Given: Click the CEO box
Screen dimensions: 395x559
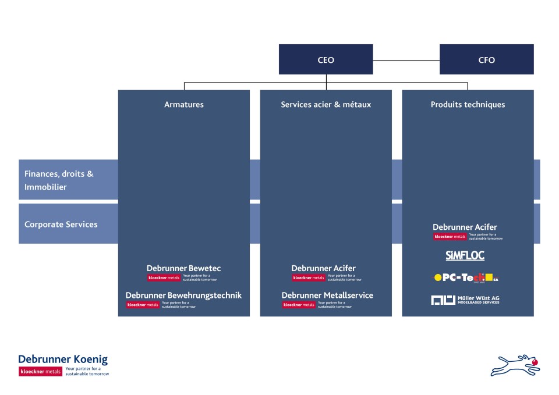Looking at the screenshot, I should click(326, 59).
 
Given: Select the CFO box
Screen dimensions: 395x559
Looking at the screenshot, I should click(486, 59).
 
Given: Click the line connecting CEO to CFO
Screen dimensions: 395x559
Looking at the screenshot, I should click(406, 60).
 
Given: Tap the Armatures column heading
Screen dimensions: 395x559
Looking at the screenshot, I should click(184, 105).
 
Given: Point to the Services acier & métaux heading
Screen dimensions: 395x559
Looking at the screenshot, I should click(326, 105).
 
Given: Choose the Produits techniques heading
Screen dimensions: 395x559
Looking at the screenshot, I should click(468, 105).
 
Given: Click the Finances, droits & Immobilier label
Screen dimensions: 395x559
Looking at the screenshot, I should click(59, 180).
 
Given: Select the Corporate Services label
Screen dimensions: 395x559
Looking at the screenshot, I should click(61, 224).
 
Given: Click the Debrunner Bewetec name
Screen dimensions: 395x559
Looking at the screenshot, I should click(183, 268).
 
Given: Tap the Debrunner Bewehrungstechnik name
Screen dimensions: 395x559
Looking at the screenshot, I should click(183, 296).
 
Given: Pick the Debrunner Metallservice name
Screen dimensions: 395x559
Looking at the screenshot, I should click(327, 296).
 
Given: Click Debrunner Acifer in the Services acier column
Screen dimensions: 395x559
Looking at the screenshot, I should click(323, 268).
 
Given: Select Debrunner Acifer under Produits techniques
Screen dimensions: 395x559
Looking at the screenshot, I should click(465, 227).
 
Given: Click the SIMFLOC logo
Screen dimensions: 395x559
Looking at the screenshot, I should click(465, 255).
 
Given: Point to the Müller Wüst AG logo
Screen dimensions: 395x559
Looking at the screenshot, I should click(465, 300).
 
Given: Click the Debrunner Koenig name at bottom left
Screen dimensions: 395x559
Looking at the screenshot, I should click(63, 360).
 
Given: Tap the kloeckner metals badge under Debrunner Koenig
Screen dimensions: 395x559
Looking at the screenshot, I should click(40, 371).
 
